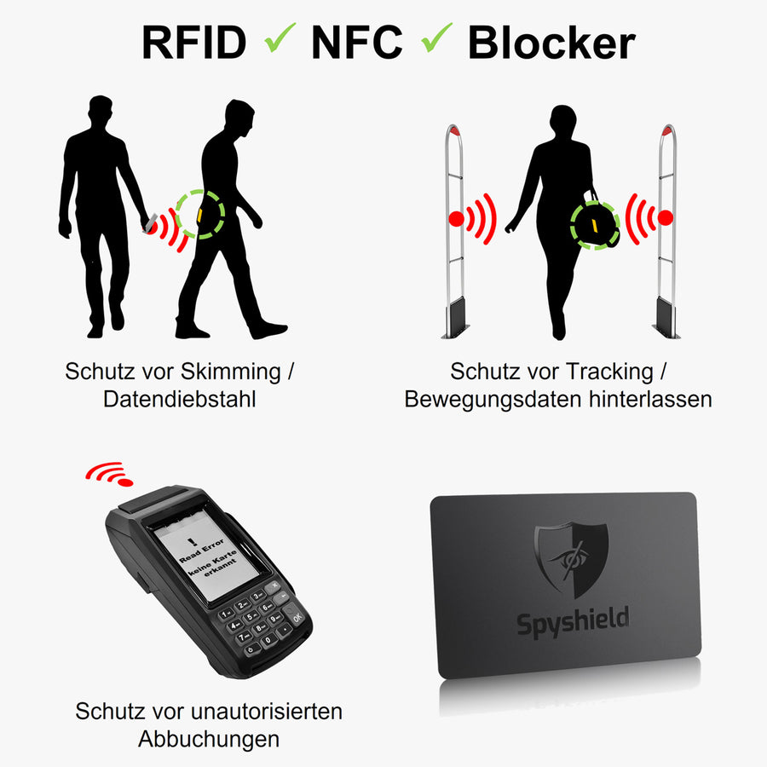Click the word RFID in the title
(x=193, y=42)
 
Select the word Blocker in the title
(x=551, y=43)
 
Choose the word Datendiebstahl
(x=180, y=399)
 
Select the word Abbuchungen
(x=209, y=738)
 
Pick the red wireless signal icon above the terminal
(x=110, y=473)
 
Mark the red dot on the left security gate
(x=457, y=218)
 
